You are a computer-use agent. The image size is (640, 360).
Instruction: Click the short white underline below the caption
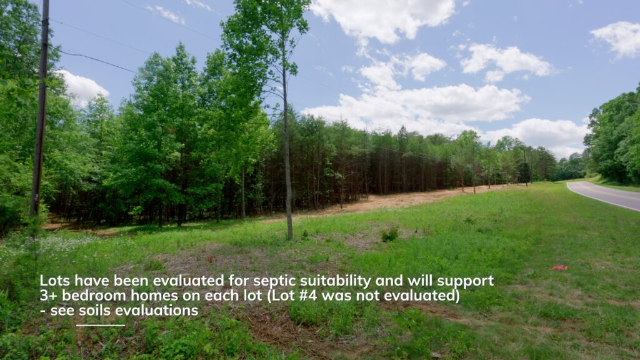coord(101,325)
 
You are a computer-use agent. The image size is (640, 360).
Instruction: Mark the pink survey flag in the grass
coord(559,267)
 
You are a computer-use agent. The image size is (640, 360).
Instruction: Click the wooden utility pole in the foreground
coord(40,110)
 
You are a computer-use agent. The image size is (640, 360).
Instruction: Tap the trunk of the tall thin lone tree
coord(287,155)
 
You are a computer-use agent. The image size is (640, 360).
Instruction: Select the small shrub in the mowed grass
coord(390,235)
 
